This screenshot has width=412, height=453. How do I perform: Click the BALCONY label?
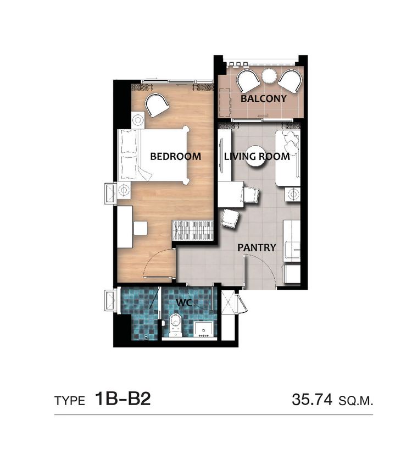click(263, 98)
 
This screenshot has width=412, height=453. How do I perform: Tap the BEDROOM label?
click(176, 157)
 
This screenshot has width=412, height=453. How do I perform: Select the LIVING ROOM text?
click(257, 156)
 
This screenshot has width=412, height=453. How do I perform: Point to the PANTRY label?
click(257, 247)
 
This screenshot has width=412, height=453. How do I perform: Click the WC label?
click(184, 303)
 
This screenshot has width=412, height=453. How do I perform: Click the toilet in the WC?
click(175, 325)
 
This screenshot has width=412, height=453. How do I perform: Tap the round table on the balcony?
click(269, 75)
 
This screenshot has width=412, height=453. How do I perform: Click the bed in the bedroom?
click(154, 155)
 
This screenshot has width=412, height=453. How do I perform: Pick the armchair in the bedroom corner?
click(157, 104)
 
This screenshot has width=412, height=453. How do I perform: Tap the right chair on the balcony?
click(290, 81)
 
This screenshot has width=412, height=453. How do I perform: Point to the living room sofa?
click(288, 158)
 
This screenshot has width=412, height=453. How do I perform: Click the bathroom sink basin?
click(204, 329)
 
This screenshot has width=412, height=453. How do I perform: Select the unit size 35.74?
click(312, 400)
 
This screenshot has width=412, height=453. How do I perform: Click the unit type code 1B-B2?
click(123, 399)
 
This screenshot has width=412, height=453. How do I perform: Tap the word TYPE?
click(70, 401)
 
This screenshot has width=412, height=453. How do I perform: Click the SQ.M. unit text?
click(356, 401)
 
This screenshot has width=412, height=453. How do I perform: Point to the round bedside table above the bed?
click(138, 120)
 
